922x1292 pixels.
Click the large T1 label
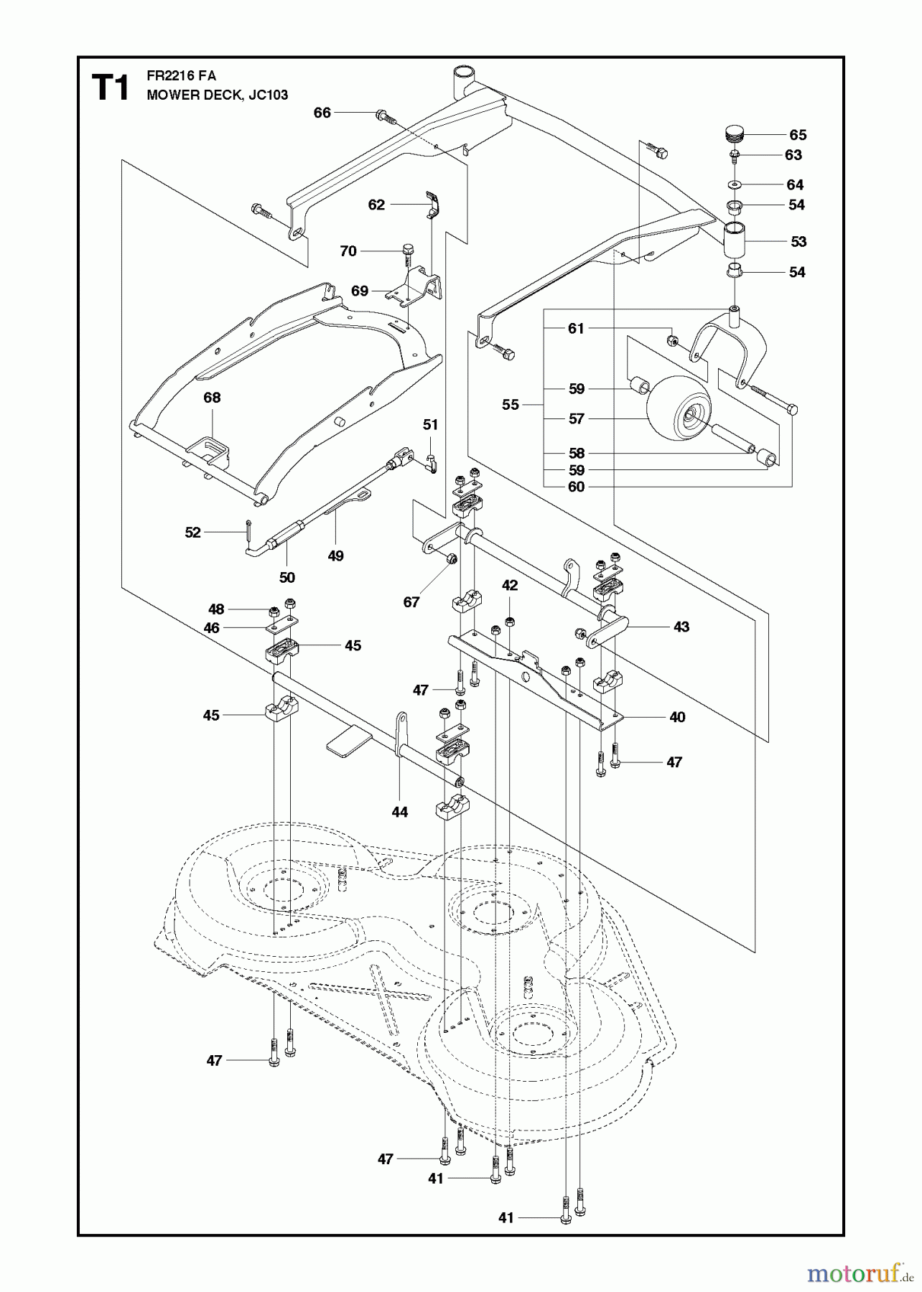click(x=111, y=88)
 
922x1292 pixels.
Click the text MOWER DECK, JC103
click(x=217, y=95)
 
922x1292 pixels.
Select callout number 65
click(x=798, y=135)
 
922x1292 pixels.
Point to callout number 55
click(x=510, y=405)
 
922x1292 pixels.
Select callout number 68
click(x=212, y=398)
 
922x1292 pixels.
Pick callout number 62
click(x=376, y=205)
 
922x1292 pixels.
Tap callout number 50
click(x=287, y=577)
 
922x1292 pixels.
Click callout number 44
click(x=400, y=812)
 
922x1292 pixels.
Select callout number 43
click(x=681, y=627)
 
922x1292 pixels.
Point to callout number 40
click(x=677, y=716)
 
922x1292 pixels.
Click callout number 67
click(x=411, y=601)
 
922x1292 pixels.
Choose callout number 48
click(x=216, y=609)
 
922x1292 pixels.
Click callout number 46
click(x=211, y=627)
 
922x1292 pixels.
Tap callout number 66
click(x=322, y=113)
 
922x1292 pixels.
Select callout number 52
click(x=192, y=533)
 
